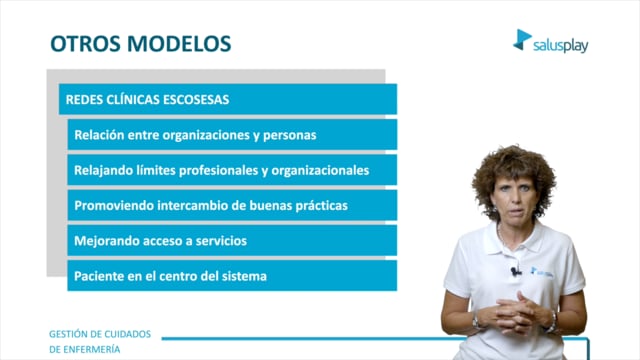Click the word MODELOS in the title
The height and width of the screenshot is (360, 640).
click(179, 44)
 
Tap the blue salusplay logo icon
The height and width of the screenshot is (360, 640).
click(522, 40)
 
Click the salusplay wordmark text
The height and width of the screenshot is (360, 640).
click(560, 46)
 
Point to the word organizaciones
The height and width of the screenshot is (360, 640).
click(206, 136)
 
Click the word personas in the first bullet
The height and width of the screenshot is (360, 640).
click(289, 136)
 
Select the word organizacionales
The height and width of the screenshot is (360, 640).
click(320, 171)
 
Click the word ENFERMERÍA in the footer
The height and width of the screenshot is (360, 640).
click(84, 349)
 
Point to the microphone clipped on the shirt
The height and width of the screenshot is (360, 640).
click(515, 271)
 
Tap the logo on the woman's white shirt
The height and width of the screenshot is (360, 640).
click(542, 272)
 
